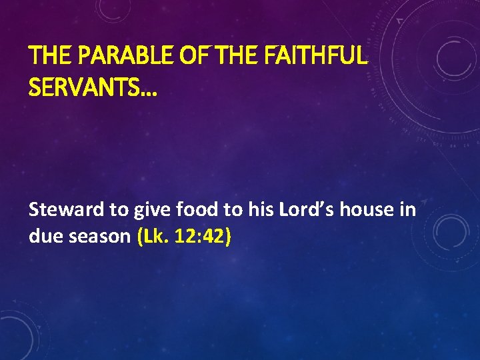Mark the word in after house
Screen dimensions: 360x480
tap(408, 211)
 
